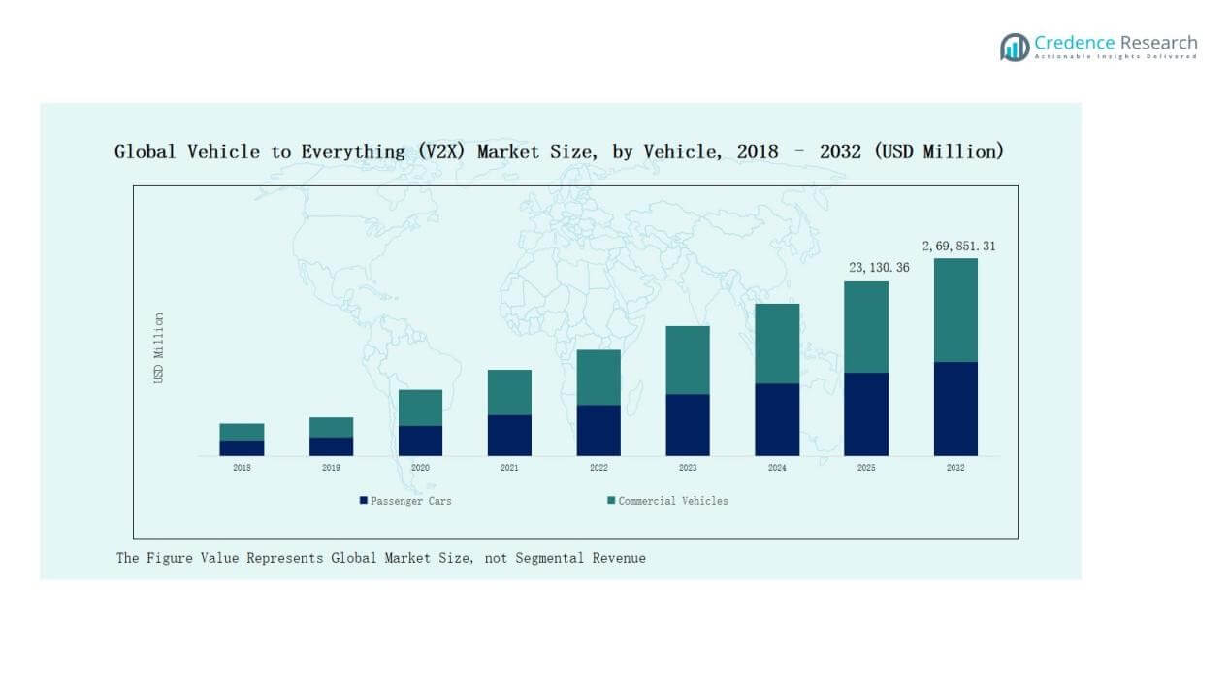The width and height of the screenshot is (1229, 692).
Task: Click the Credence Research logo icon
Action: click(1015, 47)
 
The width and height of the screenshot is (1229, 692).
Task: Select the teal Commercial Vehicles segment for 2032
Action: click(955, 310)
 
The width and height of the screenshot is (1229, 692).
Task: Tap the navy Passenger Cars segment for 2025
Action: click(866, 413)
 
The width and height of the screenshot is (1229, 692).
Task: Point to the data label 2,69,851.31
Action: click(958, 247)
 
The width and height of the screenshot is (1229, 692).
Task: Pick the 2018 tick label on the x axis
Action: click(242, 468)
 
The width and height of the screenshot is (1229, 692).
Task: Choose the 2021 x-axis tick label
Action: click(509, 468)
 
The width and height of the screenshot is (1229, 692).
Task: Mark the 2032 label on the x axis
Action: click(955, 468)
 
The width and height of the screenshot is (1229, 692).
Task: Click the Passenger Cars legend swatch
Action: click(364, 501)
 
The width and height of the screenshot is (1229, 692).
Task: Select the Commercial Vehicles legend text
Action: click(673, 501)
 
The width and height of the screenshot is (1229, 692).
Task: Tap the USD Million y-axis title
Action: click(159, 347)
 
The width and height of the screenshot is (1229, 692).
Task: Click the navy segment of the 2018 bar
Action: click(242, 447)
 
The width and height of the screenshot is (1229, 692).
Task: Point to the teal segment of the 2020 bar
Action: click(420, 408)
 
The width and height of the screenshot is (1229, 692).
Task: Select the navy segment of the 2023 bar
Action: click(688, 424)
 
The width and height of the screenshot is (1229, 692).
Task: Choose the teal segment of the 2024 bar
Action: click(777, 344)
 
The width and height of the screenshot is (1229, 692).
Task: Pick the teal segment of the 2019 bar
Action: click(331, 427)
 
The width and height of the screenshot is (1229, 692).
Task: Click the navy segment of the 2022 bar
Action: click(598, 430)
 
